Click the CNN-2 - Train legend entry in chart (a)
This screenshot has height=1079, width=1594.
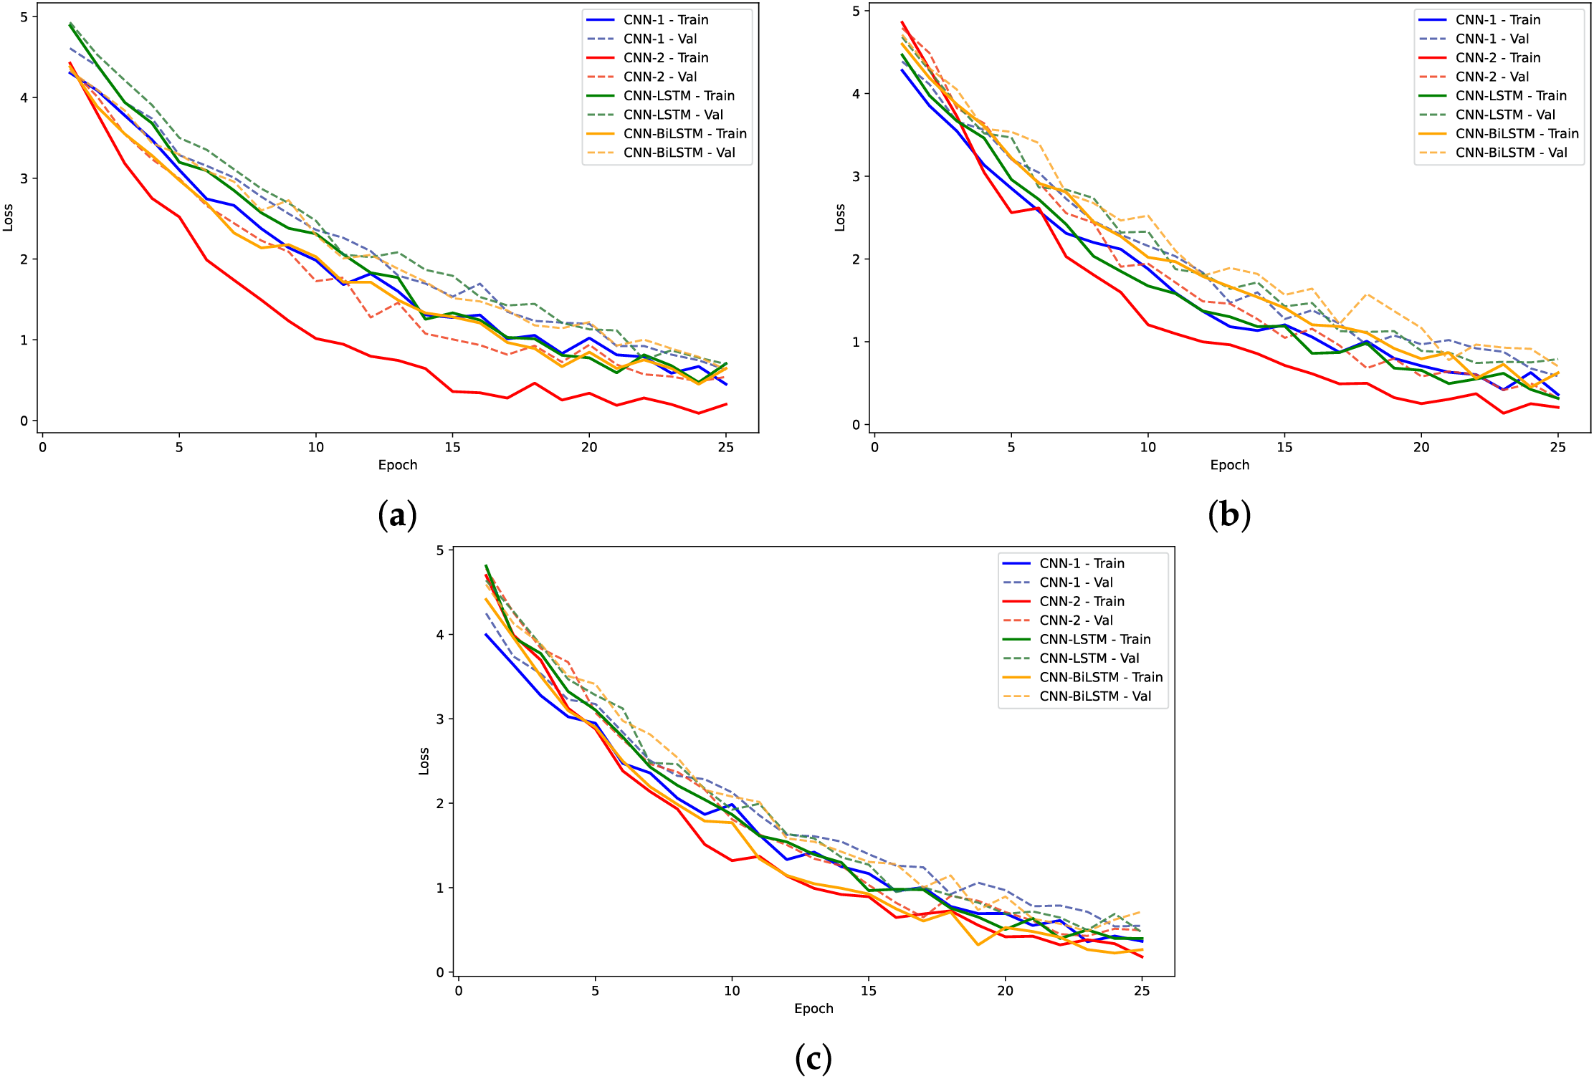coord(665,58)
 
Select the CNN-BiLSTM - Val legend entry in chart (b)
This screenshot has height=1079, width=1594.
coord(1511,153)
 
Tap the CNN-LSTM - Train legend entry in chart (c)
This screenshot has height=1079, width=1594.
coord(1094,639)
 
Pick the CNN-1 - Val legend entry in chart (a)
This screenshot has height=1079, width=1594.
coord(659,39)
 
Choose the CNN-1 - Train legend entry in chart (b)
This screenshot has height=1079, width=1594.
coord(1497,20)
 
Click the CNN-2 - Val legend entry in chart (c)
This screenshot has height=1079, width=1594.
coord(1086,620)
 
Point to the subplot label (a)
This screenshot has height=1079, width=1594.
coord(397,515)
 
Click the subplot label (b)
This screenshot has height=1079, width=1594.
coord(1229,515)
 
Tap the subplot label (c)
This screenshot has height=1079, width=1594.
coord(813,1058)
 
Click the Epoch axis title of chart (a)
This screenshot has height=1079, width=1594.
coord(398,465)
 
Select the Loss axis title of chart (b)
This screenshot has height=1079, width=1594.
coord(840,217)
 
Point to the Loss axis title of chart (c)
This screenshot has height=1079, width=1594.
coord(424,761)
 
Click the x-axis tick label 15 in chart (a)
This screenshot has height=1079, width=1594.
coord(452,448)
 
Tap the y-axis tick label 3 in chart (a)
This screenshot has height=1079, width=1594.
coord(24,178)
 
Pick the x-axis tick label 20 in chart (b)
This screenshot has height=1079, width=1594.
coord(1421,448)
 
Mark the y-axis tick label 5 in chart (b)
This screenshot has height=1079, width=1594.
coord(856,11)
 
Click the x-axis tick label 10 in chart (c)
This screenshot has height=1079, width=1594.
coord(732,991)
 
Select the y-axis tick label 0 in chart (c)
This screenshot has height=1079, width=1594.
coord(440,972)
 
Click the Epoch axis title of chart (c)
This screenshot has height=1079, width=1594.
coord(813,1009)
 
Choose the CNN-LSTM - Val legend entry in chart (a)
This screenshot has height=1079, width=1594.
coord(673,115)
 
